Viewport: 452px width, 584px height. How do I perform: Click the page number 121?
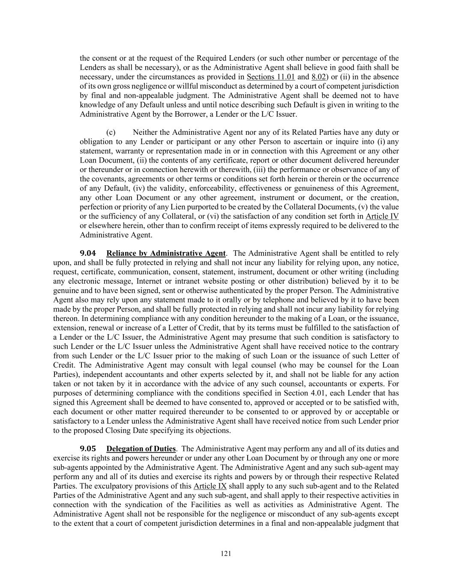tap(226, 554)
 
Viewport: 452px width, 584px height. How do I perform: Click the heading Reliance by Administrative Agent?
tap(166, 253)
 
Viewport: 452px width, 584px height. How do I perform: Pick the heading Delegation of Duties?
tap(141, 449)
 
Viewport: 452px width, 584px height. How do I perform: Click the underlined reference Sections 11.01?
tap(271, 77)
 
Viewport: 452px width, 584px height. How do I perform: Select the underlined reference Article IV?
tap(382, 216)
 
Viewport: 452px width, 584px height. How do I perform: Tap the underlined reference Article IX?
tap(210, 486)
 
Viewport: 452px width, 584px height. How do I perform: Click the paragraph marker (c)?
tap(111, 133)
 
